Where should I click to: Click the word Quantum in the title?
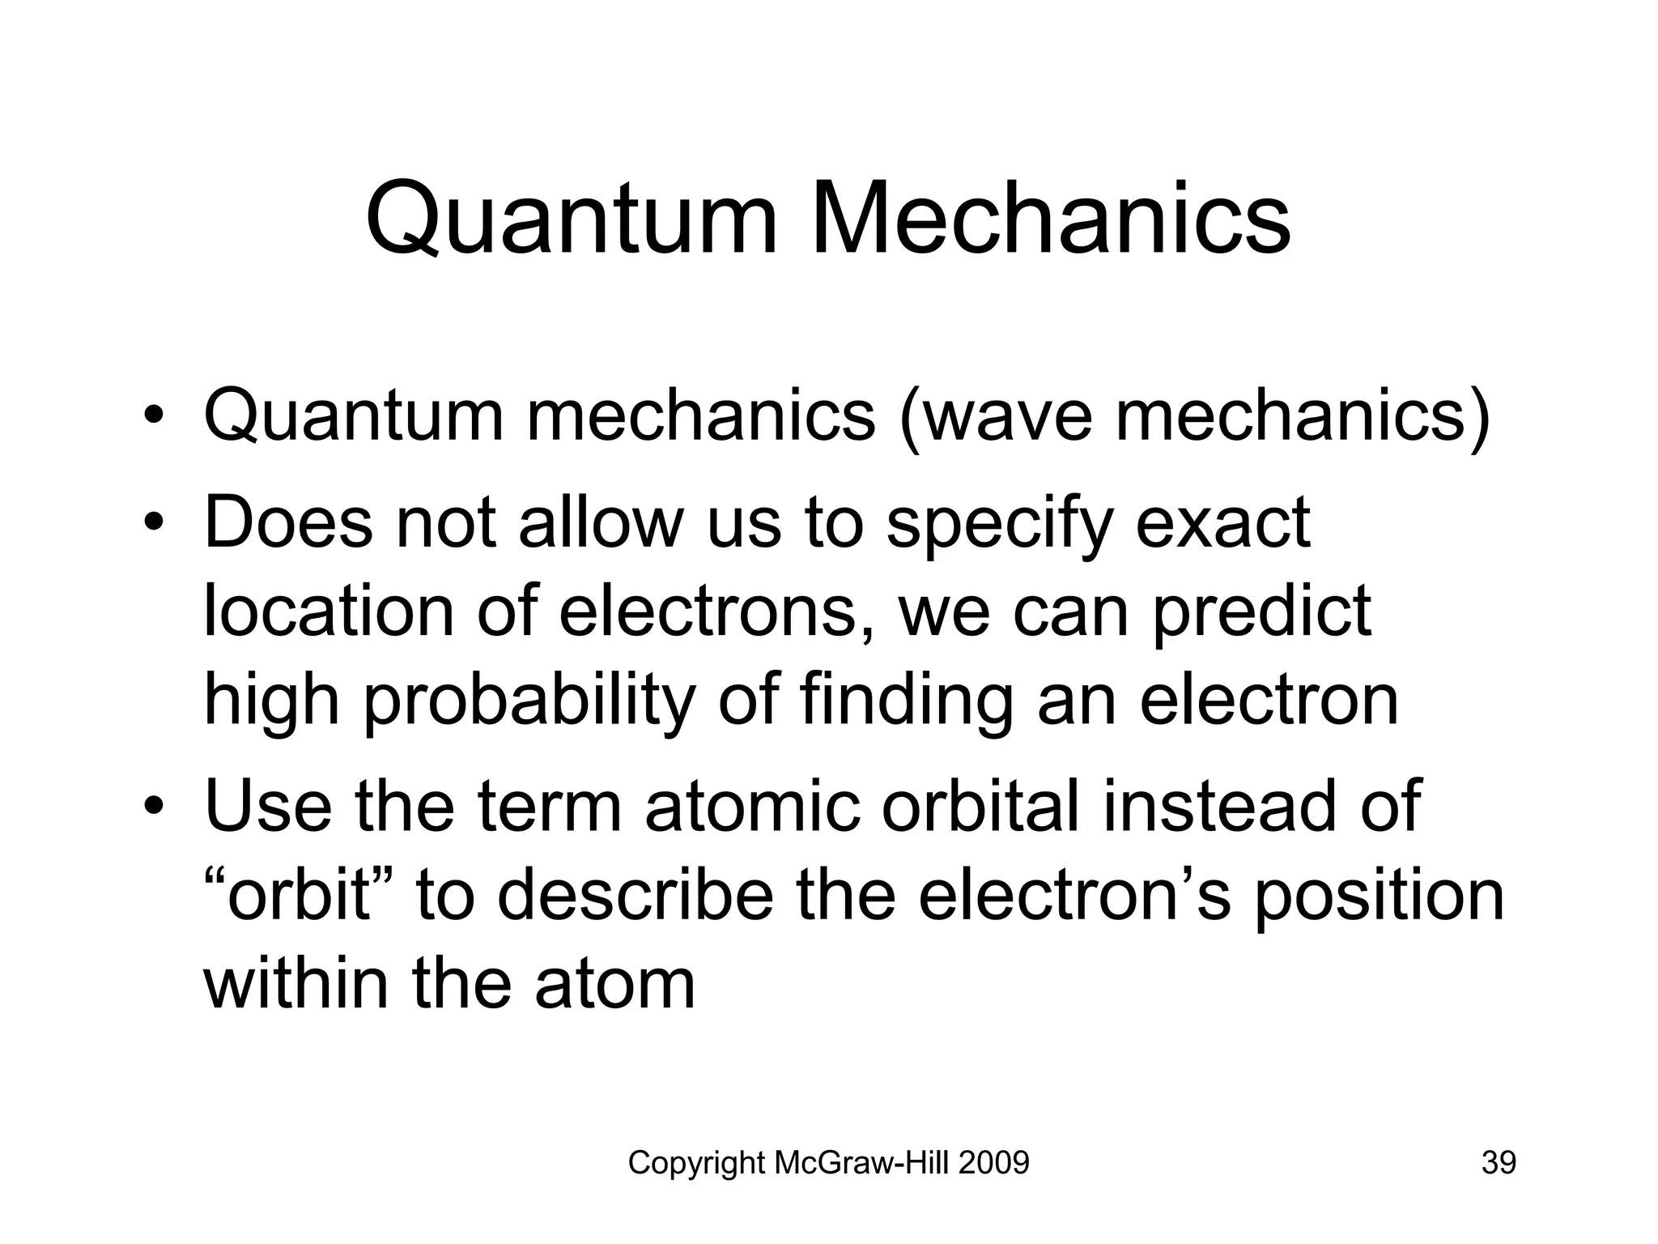(x=572, y=220)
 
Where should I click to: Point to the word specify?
(x=999, y=525)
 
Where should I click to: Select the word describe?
(x=636, y=896)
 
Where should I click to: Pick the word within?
(x=296, y=983)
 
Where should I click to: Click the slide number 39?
(x=1499, y=1163)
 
